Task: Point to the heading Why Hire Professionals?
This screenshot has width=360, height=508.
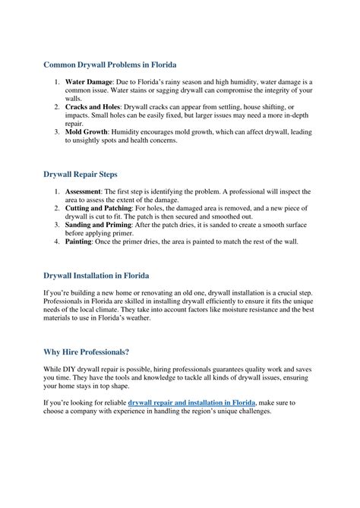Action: pos(86,352)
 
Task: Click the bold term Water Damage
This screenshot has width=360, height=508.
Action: pos(90,80)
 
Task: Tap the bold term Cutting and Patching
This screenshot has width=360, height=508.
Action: pos(99,207)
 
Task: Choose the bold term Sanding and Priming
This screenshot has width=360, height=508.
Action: pos(99,225)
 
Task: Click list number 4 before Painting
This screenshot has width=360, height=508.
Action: pos(56,242)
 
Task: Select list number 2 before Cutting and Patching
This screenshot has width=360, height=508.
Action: pos(56,207)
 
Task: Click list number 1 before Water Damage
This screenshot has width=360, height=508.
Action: pos(56,80)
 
